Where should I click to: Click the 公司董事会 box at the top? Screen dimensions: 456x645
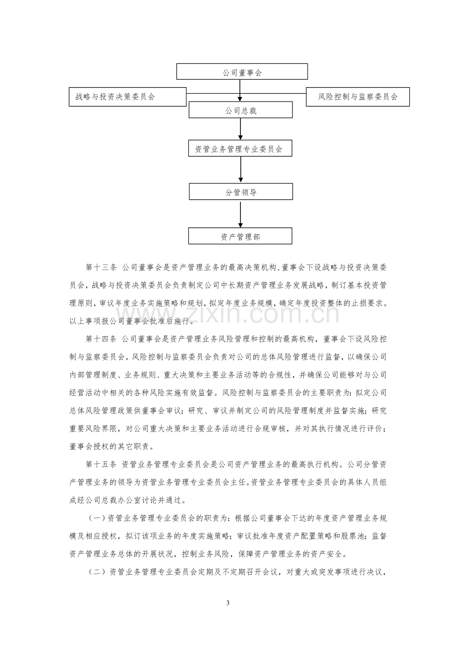[242, 71]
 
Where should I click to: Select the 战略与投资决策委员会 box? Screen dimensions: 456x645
[127, 97]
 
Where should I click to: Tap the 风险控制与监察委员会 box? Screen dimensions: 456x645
[358, 97]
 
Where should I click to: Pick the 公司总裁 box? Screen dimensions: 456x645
[240, 109]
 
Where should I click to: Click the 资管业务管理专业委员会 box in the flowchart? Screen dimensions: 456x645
[240, 148]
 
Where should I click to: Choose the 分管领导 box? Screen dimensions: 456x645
[241, 192]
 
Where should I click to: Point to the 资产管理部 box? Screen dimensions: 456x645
[240, 236]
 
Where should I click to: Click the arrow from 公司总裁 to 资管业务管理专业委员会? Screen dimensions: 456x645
[240, 129]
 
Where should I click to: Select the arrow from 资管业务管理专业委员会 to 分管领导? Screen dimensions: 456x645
[241, 170]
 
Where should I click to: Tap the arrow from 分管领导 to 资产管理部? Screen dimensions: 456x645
[240, 215]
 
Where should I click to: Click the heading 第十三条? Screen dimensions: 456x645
[101, 268]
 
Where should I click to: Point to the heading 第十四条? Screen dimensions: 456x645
[101, 339]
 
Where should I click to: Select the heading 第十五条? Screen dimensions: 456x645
[101, 465]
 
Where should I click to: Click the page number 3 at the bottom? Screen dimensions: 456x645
[228, 603]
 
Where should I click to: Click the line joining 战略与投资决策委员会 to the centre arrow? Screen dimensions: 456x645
[213, 94]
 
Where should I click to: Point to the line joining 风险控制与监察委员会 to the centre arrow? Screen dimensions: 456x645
[273, 94]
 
